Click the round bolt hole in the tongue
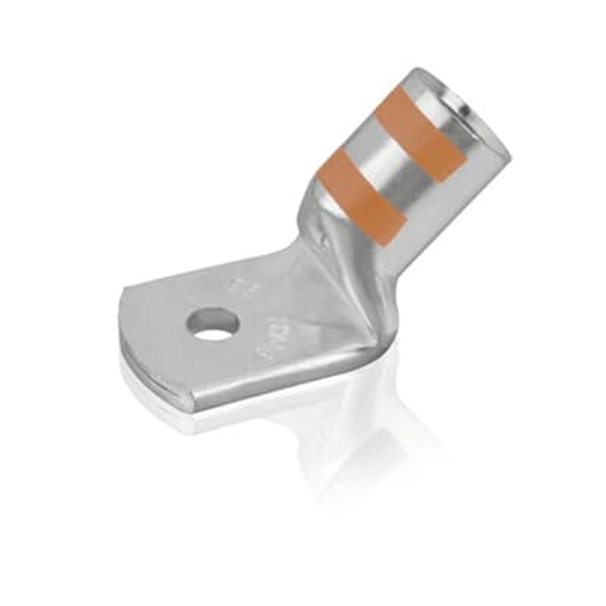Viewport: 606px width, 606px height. [x=213, y=325]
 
